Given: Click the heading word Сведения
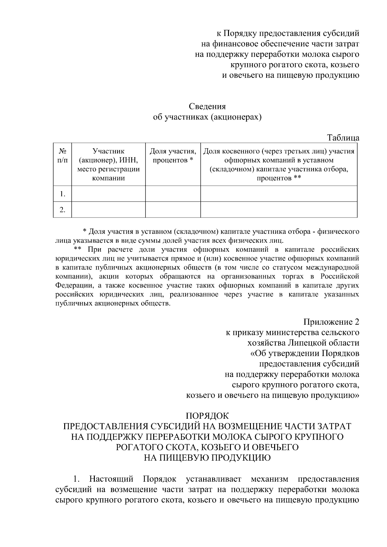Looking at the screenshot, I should click(x=207, y=106).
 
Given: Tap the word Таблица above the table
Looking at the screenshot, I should click(x=343, y=138).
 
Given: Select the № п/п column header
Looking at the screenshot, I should click(x=63, y=156).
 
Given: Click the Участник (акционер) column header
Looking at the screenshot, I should click(x=108, y=164).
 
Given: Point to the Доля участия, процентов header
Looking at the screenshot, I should click(x=173, y=156).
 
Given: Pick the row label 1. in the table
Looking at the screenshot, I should click(x=63, y=194).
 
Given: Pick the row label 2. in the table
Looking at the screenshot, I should click(x=63, y=210).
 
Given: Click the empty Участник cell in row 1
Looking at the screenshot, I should click(x=108, y=194).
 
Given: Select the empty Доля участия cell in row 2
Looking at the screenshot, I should click(x=173, y=210).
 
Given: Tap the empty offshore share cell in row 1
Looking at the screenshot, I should click(x=279, y=194).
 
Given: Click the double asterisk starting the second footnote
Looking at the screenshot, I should click(x=77, y=249).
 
